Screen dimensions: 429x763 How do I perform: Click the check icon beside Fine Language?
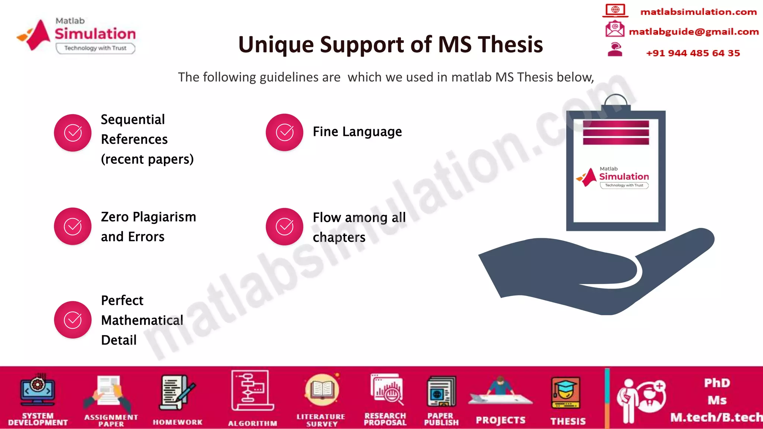click(285, 133)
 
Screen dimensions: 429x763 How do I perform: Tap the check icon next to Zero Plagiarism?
click(73, 226)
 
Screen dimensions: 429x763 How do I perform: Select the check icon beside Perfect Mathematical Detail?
click(73, 320)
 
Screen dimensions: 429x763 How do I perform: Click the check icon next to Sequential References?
click(73, 133)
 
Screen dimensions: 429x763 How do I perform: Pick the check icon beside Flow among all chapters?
click(285, 226)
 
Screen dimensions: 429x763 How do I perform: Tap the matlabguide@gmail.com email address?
click(693, 32)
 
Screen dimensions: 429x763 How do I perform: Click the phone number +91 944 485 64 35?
click(693, 53)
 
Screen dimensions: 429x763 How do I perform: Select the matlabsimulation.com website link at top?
click(698, 12)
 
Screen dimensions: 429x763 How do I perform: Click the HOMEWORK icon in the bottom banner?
click(177, 393)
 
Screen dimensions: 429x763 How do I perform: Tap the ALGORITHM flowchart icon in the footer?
click(252, 391)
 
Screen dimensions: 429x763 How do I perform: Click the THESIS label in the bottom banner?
click(568, 421)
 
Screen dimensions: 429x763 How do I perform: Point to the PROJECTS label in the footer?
click(500, 420)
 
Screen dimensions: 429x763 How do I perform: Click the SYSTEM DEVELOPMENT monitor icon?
click(38, 390)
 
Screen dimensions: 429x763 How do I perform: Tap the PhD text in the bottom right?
click(717, 383)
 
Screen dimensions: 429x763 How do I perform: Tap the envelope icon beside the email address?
click(615, 29)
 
